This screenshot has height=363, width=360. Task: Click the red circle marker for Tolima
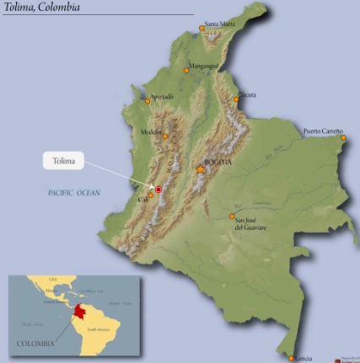pos(158,190)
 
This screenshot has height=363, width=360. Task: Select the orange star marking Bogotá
pos(201,170)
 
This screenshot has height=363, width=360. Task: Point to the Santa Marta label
pos(222,24)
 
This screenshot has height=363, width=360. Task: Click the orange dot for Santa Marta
pos(201,29)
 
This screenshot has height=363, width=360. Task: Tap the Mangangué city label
pos(204,65)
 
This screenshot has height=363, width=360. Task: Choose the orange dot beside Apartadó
pos(148,101)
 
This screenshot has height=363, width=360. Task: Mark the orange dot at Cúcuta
pos(236,99)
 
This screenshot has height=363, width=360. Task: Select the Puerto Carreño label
pos(323,131)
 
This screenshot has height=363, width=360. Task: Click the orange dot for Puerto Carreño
pos(343,137)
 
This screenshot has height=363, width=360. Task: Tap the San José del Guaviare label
pos(250,223)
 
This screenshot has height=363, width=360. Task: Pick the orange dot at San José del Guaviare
pos(233,216)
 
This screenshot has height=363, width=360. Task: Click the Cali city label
pos(142,200)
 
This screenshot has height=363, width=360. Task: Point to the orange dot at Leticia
pos(293,356)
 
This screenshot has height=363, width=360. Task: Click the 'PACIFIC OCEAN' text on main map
pos(73,194)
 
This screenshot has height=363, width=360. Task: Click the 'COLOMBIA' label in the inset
pos(35,343)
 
